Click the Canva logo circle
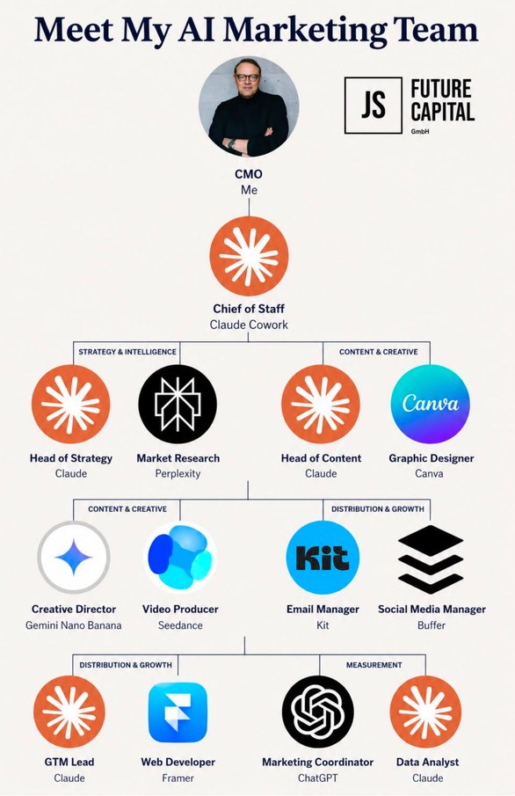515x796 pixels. (431, 404)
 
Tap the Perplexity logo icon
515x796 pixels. (178, 404)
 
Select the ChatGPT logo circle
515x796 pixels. (318, 712)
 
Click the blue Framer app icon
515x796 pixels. (178, 712)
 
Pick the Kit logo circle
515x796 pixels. (323, 558)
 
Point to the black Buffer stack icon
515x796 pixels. (431, 559)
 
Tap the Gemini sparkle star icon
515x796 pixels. (74, 558)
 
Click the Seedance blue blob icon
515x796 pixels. (180, 558)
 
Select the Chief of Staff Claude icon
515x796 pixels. (249, 256)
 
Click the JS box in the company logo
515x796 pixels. (373, 105)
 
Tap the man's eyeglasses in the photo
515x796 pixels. (247, 77)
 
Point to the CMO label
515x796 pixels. (249, 174)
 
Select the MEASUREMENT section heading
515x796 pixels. (374, 665)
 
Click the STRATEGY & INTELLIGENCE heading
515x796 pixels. (127, 351)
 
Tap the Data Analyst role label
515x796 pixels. (427, 762)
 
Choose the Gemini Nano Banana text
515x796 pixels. (74, 624)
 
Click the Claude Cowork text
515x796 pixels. (249, 325)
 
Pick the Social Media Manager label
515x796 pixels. (432, 610)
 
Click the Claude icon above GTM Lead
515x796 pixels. (69, 712)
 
